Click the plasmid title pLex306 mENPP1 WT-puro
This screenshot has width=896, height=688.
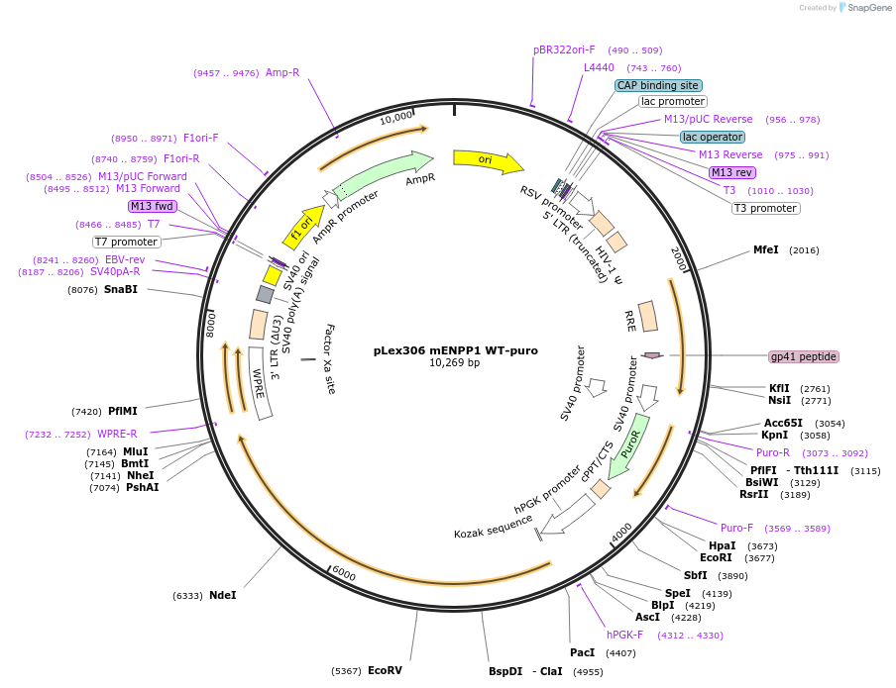[455, 350]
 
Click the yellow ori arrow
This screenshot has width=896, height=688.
[489, 160]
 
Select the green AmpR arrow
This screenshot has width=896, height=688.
[382, 174]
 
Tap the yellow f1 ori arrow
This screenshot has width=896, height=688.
[303, 227]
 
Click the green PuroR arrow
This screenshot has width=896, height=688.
[629, 445]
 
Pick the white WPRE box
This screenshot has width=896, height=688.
[260, 383]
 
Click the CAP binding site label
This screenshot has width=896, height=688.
[658, 85]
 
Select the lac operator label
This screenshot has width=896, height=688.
[713, 137]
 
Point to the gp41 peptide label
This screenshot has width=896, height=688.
[804, 356]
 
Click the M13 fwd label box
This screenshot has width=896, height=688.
[153, 206]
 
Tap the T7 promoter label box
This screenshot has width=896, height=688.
[126, 243]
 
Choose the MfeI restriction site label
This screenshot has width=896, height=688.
[766, 250]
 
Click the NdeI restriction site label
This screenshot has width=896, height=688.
[222, 596]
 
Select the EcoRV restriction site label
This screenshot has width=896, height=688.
[385, 670]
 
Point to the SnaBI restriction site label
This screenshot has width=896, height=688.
[121, 289]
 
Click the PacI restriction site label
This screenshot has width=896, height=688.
[582, 652]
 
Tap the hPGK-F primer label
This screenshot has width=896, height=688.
[624, 635]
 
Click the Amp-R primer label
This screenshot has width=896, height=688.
[282, 72]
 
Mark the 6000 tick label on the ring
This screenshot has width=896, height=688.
[344, 573]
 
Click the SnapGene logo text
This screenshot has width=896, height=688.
[869, 7]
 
